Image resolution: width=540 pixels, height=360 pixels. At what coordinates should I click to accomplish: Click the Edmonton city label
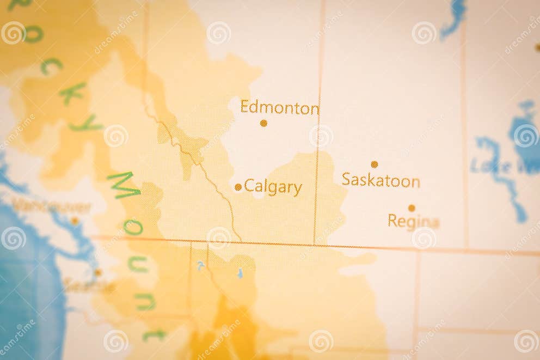(x=279, y=107)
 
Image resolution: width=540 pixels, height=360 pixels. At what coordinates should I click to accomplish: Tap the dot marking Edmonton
(x=263, y=123)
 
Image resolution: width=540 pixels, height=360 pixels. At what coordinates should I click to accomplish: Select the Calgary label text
(x=273, y=187)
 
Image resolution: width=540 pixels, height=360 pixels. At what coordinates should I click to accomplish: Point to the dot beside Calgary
(x=238, y=187)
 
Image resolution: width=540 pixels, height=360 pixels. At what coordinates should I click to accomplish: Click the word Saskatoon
(x=381, y=180)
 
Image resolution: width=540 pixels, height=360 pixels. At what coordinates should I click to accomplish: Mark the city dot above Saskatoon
(x=375, y=164)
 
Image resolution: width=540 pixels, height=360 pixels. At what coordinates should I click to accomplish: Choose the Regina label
(x=413, y=221)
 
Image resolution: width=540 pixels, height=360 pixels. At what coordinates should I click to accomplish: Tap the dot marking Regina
(x=412, y=208)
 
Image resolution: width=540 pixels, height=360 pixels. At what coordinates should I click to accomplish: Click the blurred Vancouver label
(x=51, y=206)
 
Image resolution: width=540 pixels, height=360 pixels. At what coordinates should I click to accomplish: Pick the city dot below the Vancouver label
(x=75, y=221)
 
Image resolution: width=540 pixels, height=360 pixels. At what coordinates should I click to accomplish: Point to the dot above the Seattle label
(x=98, y=272)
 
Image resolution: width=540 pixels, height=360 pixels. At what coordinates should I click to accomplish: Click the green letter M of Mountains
(x=124, y=185)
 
